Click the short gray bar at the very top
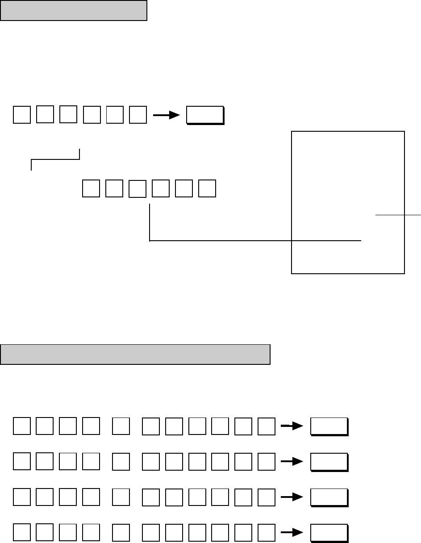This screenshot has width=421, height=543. point(74,11)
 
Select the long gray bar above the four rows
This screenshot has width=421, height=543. point(135,354)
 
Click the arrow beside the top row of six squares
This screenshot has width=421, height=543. point(166,115)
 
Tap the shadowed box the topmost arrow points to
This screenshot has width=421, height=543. point(205,115)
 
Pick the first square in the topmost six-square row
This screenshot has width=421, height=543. point(22,115)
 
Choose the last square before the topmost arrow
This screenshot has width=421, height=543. point(138,115)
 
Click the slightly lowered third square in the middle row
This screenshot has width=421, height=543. point(137,189)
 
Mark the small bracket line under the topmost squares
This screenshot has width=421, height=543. point(55,158)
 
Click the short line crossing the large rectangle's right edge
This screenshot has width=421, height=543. point(397,215)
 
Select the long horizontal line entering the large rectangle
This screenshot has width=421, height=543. point(254,241)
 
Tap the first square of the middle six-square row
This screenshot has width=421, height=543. point(91,188)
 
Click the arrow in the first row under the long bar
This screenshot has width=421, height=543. point(292,426)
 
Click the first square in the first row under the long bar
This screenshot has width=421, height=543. point(22,426)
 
